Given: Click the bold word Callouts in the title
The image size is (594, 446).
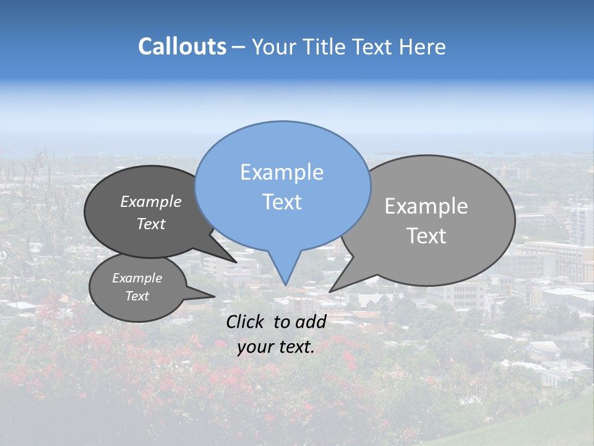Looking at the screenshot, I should click(182, 46).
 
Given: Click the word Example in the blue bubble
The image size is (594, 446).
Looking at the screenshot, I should click(282, 172).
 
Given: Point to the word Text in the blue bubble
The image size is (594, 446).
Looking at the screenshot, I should click(282, 202).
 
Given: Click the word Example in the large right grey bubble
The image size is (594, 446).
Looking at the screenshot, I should click(426, 206).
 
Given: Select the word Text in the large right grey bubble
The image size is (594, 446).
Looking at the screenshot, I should click(426, 236).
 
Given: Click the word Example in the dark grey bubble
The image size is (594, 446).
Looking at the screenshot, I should click(150, 201).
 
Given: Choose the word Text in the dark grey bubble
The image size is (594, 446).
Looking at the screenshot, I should click(150, 224).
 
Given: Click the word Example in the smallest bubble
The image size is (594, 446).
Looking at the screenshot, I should click(137, 278).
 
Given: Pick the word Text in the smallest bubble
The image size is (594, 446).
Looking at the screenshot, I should click(137, 296).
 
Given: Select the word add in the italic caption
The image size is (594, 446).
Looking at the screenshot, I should click(310, 321).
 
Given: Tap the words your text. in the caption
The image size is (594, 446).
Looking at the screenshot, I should click(275, 347).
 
